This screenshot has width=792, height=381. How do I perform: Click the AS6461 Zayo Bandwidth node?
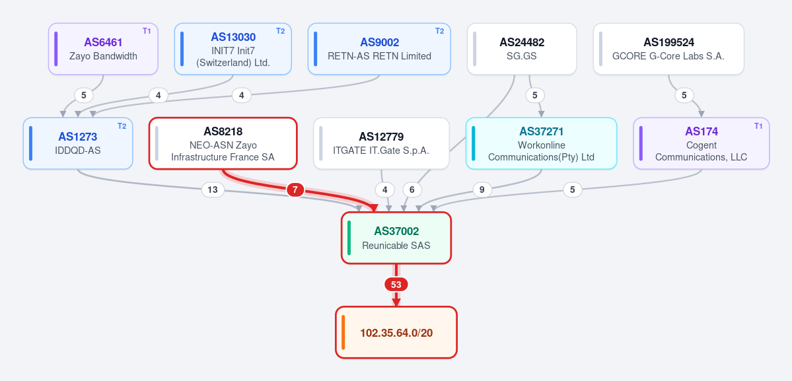coord(104,49)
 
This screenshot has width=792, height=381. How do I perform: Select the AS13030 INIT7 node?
coord(233,49)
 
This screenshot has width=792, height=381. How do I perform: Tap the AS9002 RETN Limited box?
coord(379,49)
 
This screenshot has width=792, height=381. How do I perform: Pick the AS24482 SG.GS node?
coord(522,49)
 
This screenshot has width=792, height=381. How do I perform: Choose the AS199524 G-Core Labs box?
coord(668,49)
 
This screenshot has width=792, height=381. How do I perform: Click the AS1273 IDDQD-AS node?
coord(78,143)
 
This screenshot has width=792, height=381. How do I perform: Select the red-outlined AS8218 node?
coord(223,143)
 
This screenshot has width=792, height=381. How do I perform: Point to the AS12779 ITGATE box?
coord(381,143)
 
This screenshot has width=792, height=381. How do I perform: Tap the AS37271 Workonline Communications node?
coord(542,143)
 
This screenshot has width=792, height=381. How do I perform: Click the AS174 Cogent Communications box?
coord(702,143)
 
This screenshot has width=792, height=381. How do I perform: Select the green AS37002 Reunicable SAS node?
coord(396,238)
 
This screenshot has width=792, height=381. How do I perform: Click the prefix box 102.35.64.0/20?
coord(396,333)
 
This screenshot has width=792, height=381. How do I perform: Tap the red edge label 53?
coord(396,285)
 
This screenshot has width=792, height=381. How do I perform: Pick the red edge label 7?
coord(295,190)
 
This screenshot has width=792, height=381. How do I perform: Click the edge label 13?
coord(213,190)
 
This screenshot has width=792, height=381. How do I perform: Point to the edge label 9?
coord(482,190)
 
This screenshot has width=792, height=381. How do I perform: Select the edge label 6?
coord(412,190)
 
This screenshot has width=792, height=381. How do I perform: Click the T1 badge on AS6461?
coord(147,31)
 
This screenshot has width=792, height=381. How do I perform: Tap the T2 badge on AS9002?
coord(439,31)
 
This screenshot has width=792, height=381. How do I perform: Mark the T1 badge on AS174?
coord(758,125)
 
